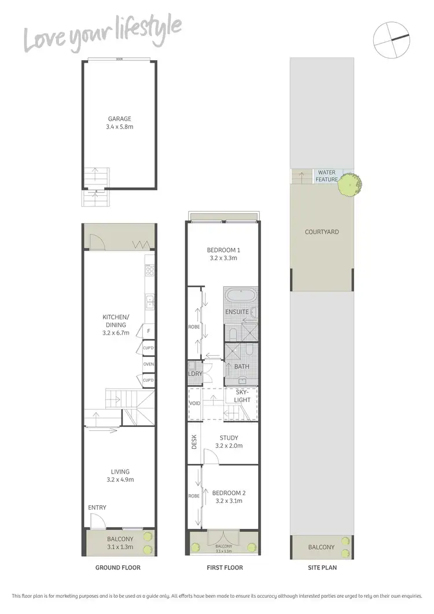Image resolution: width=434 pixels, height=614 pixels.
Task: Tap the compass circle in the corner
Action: [392, 39]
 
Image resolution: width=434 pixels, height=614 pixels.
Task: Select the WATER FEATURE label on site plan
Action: [326, 176]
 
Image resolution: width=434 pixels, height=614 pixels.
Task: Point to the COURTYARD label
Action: [322, 232]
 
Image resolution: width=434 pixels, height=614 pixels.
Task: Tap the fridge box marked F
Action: [149, 331]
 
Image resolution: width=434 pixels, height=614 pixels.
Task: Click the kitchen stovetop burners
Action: [149, 269]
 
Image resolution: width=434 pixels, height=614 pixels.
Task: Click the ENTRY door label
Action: [97, 507]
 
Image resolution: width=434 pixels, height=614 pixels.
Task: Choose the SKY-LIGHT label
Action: [242, 396]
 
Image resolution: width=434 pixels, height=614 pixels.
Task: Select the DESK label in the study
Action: [194, 443]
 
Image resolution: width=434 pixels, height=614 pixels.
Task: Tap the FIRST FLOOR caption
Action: [225, 568]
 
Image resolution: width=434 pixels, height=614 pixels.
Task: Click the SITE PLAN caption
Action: [321, 568]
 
